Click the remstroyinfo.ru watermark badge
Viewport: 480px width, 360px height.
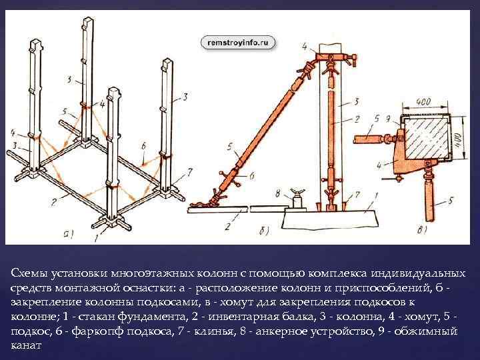pos(237,41)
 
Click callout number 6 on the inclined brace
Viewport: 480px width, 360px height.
pos(251,175)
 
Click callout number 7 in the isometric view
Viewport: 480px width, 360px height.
pos(190,171)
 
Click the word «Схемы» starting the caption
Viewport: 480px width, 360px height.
pos(27,274)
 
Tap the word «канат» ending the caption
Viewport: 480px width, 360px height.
pos(27,346)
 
